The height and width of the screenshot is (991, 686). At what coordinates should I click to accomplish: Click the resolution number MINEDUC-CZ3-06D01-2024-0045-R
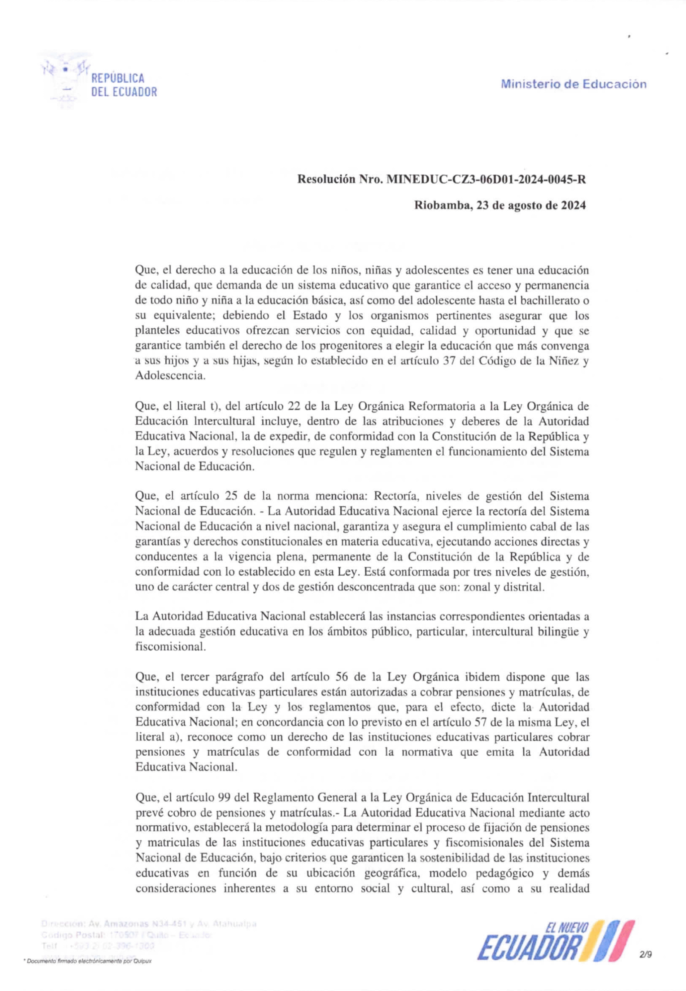pyautogui.click(x=486, y=180)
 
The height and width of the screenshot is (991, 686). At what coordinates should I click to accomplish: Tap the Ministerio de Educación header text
pyautogui.click(x=573, y=84)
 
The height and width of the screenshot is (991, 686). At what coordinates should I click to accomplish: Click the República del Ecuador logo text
pyautogui.click(x=124, y=85)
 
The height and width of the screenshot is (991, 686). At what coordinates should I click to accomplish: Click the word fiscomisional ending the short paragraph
pyautogui.click(x=171, y=647)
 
